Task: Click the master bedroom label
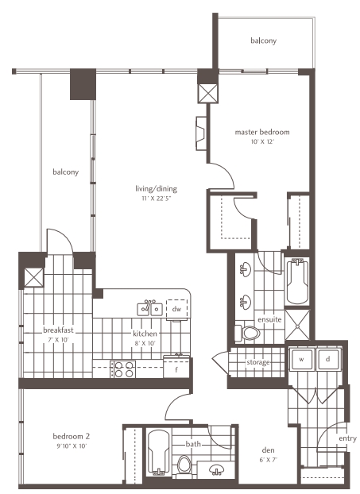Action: point(262,132)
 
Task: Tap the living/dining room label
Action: point(156,189)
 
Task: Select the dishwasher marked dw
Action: point(177,309)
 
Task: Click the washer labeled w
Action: point(301,360)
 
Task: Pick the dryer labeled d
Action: point(328,360)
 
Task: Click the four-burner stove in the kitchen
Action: point(123,369)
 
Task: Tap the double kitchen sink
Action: point(149,309)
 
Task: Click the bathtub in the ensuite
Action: point(297,281)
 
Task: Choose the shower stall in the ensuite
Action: point(297,325)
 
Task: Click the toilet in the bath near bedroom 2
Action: point(184,465)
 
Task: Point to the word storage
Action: point(257,362)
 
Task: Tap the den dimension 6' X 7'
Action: point(268,460)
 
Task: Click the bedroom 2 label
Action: point(72,436)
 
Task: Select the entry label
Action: point(347,438)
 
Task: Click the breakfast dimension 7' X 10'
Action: point(57,340)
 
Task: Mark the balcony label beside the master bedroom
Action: point(264,41)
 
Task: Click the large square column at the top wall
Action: point(83,84)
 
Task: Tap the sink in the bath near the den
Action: point(217,469)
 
